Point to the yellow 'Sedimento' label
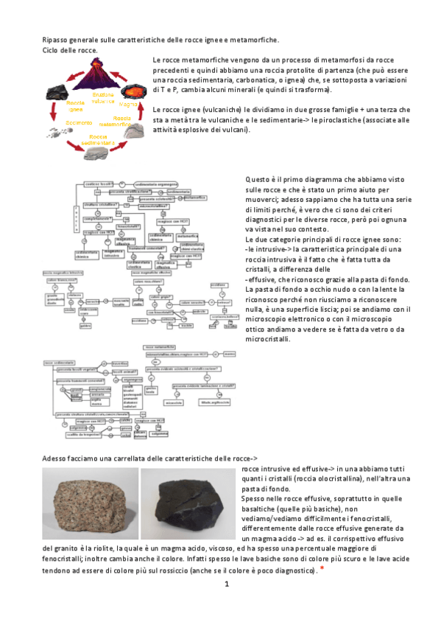78,122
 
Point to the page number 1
227,584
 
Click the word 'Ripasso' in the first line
54,38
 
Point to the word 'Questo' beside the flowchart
258,179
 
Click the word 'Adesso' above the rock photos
56,458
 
